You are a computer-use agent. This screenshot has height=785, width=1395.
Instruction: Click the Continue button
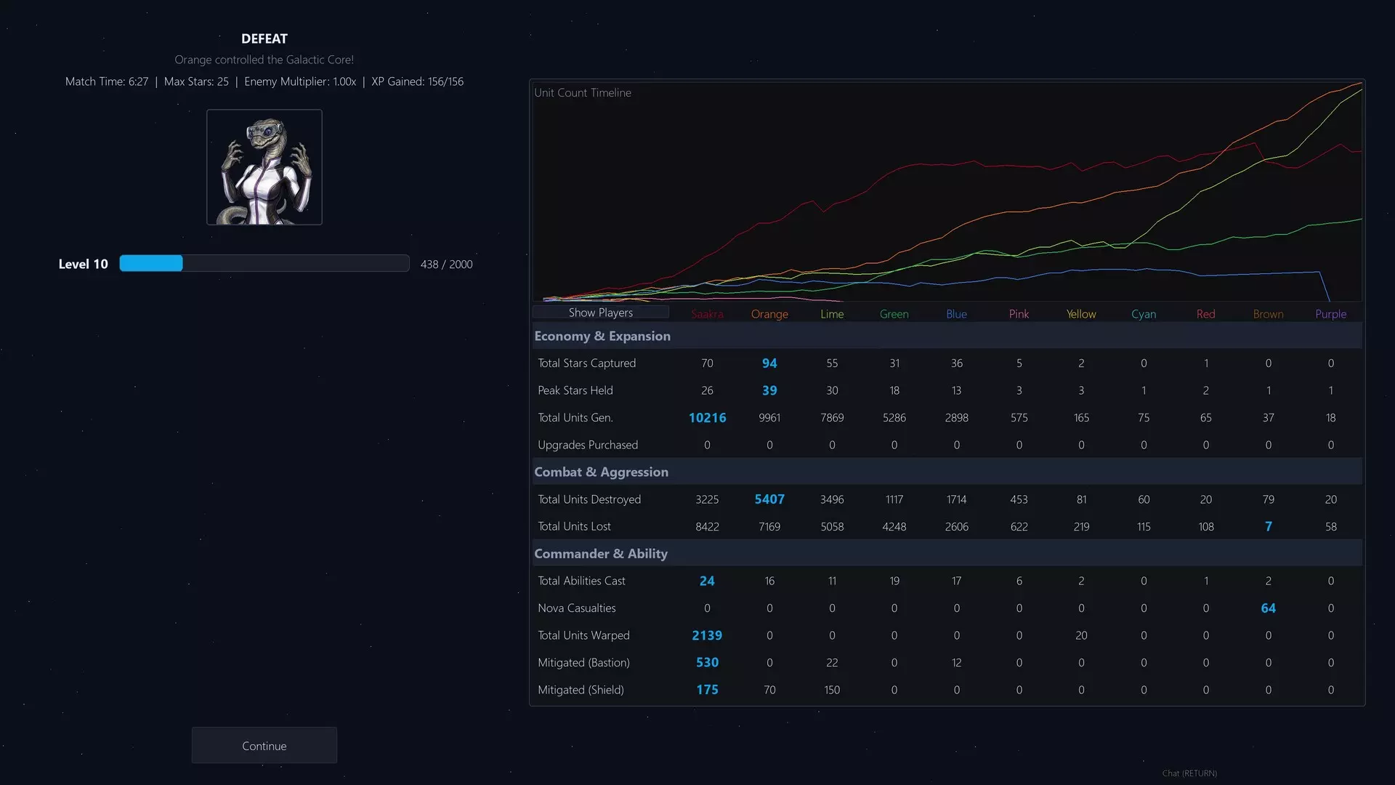tap(264, 746)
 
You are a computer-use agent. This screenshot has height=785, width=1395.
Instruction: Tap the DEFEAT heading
tap(264, 39)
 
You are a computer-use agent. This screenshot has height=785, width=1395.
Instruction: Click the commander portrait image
tap(264, 167)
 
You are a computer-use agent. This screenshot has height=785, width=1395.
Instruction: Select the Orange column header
tap(769, 314)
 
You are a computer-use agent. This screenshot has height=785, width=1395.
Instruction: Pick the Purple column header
tap(1331, 314)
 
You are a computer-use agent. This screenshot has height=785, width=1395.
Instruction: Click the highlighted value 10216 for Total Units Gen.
tap(707, 418)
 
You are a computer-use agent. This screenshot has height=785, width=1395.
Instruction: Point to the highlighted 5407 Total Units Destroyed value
tap(769, 499)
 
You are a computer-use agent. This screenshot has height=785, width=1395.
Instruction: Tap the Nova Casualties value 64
tap(1269, 608)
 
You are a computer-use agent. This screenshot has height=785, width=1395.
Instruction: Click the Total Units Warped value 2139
tap(707, 635)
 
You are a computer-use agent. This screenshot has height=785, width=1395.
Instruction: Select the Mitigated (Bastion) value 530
tap(707, 663)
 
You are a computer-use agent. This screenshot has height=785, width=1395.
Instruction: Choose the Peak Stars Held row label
tap(575, 390)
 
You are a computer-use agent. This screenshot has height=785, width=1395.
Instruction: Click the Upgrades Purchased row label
tap(588, 445)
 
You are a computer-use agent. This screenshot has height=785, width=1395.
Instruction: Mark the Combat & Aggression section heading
tap(602, 472)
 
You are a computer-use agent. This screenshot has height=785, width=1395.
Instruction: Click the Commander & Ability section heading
tap(601, 554)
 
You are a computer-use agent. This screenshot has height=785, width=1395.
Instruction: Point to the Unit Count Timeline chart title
tap(583, 93)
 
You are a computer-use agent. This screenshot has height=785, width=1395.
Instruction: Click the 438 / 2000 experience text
tap(446, 265)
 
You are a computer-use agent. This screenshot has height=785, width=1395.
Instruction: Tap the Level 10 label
tap(83, 264)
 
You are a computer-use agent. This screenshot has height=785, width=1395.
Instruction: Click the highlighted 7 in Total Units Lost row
tap(1269, 526)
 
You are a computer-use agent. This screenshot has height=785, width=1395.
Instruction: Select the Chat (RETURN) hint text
tap(1189, 773)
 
